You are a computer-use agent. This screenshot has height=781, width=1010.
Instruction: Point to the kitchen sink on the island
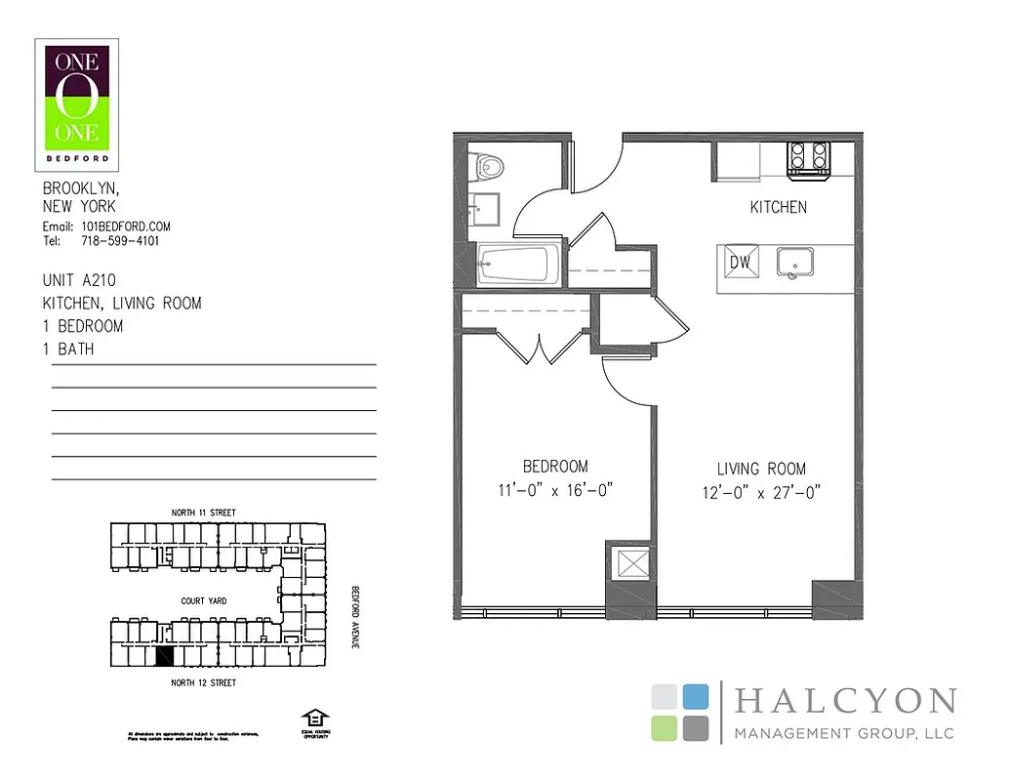tap(797, 262)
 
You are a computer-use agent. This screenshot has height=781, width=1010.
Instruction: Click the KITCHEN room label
tap(778, 207)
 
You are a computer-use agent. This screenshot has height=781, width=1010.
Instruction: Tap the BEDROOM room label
tap(555, 467)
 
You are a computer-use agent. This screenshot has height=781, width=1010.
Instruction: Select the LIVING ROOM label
tap(762, 470)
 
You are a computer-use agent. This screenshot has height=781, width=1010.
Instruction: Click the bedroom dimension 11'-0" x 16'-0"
tap(555, 491)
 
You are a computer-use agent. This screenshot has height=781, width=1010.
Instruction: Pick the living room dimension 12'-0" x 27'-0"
tap(762, 493)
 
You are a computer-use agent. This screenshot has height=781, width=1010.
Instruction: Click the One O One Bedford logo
tap(77, 104)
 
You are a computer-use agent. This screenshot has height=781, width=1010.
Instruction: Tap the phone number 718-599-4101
tap(121, 241)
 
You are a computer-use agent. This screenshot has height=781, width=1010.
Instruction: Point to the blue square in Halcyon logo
tap(695, 696)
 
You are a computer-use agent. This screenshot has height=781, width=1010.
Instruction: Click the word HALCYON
tap(844, 701)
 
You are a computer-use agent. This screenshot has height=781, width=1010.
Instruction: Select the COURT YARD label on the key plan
tap(204, 601)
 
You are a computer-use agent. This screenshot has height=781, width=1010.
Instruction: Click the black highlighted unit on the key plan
tap(165, 657)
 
